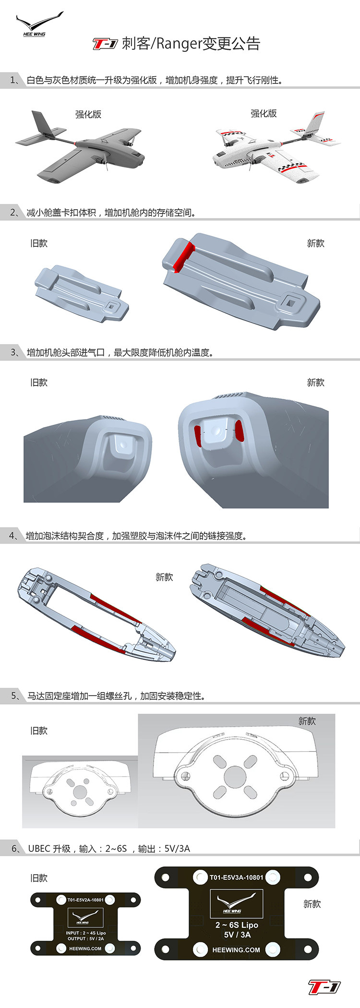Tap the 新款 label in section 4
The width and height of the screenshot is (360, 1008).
coord(164,577)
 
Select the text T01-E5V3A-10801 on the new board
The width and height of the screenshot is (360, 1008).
coord(236,877)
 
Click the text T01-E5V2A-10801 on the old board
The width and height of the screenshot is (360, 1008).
coord(85,900)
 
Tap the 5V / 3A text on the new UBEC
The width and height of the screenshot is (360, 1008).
coord(237,935)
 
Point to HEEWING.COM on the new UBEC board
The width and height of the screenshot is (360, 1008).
coord(236,950)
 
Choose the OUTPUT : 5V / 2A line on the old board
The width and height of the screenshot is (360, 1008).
coord(85,938)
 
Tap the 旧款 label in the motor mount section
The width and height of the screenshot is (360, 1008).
coord(39,731)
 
